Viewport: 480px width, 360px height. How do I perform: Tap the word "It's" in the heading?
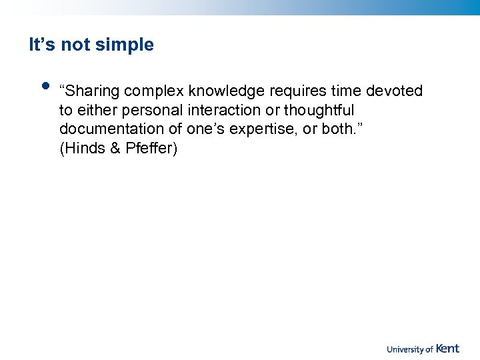click(42, 45)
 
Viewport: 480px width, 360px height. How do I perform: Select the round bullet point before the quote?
click(45, 85)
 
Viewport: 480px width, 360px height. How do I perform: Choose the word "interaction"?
click(221, 110)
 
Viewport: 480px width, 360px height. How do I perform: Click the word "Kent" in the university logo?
click(447, 348)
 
